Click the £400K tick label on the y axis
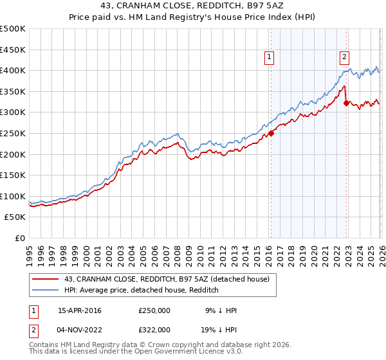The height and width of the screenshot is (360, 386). coord(13,70)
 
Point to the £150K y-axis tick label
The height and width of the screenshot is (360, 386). coord(13,175)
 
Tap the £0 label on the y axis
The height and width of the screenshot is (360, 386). coord(19,238)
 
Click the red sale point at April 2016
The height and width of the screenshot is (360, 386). coord(271,134)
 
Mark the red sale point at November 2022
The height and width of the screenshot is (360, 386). coord(346,103)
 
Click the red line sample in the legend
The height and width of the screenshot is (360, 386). coord(46,278)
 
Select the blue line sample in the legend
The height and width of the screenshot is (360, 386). coord(46,290)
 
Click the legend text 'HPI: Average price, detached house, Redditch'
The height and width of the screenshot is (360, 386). coord(142,290)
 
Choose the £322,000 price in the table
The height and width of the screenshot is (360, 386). coord(154,329)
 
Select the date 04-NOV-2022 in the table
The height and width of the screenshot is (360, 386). coord(80,329)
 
